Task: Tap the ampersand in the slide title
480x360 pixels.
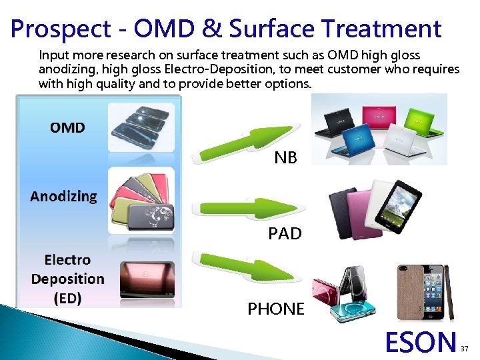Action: click(209, 29)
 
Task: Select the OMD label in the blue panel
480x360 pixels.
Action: click(67, 127)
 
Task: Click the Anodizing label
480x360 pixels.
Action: click(63, 196)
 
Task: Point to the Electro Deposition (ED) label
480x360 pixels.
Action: click(67, 279)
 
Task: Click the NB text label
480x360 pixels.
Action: click(286, 158)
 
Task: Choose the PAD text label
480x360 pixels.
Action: click(285, 234)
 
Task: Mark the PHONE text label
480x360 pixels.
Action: click(276, 309)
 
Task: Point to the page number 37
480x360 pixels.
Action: click(465, 349)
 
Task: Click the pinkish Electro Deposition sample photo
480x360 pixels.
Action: click(147, 279)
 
